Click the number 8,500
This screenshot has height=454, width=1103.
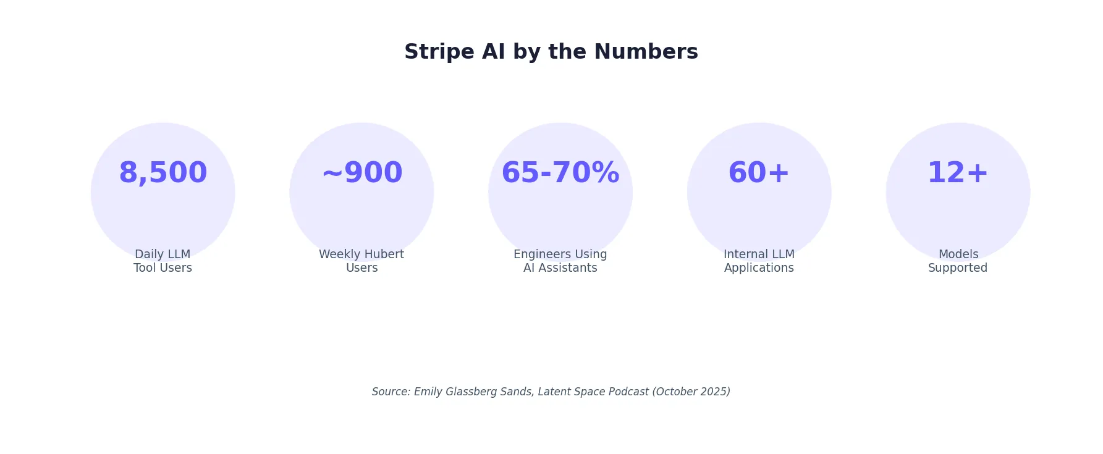coord(163,173)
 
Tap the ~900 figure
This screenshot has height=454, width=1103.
coord(361,173)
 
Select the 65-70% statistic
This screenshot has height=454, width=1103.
coord(560,173)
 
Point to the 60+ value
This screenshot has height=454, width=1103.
coord(759,173)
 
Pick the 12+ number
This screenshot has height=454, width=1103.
coord(958,173)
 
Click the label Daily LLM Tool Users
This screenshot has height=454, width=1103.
coord(163,261)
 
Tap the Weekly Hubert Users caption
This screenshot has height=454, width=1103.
coord(361,261)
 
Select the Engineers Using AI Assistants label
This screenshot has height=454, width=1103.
coord(560,261)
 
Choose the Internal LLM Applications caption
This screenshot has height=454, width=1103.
coord(759,261)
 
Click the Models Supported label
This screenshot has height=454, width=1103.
coord(958,261)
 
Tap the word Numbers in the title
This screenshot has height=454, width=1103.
coord(646,52)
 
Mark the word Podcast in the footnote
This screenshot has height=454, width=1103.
coord(628,392)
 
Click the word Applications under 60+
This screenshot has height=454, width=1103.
coord(759,268)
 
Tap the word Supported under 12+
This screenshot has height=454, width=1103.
coord(958,268)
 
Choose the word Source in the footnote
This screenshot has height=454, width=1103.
coord(391,392)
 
